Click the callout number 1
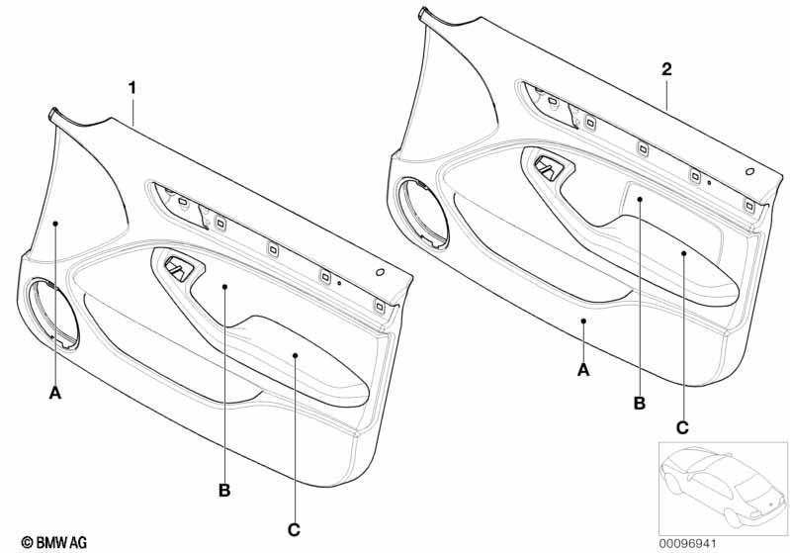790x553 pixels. tap(132, 88)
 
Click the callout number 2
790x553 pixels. tap(666, 69)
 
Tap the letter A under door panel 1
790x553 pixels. tap(55, 392)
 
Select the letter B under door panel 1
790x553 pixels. tap(224, 490)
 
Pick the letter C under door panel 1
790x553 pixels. tap(294, 530)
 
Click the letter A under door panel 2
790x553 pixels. tap(583, 370)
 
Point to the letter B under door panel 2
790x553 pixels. tap(640, 404)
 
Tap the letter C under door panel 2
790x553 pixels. tap(682, 428)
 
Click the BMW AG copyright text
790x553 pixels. tap(54, 542)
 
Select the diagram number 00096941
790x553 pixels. tap(687, 543)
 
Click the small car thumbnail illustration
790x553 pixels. tap(723, 488)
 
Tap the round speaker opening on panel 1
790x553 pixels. tap(53, 315)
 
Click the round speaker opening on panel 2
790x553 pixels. tap(422, 214)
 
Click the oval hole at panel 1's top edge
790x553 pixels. tap(381, 273)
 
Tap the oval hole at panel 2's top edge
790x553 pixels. tap(749, 171)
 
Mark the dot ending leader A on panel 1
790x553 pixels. tap(55, 223)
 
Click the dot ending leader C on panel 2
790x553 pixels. tap(683, 253)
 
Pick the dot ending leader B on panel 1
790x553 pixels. tap(224, 287)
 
